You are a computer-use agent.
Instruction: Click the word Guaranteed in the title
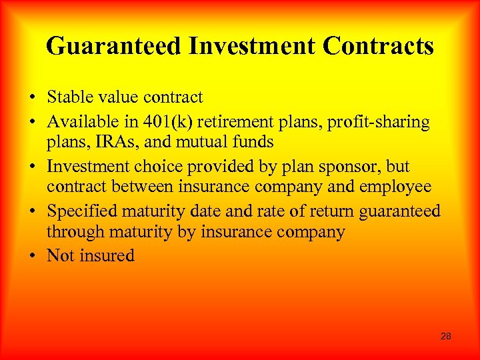tap(113, 47)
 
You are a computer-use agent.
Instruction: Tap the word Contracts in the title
tap(378, 47)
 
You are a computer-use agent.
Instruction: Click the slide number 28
tap(446, 336)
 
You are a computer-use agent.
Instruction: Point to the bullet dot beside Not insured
tap(33, 256)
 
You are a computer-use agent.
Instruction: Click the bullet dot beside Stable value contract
tap(33, 98)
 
